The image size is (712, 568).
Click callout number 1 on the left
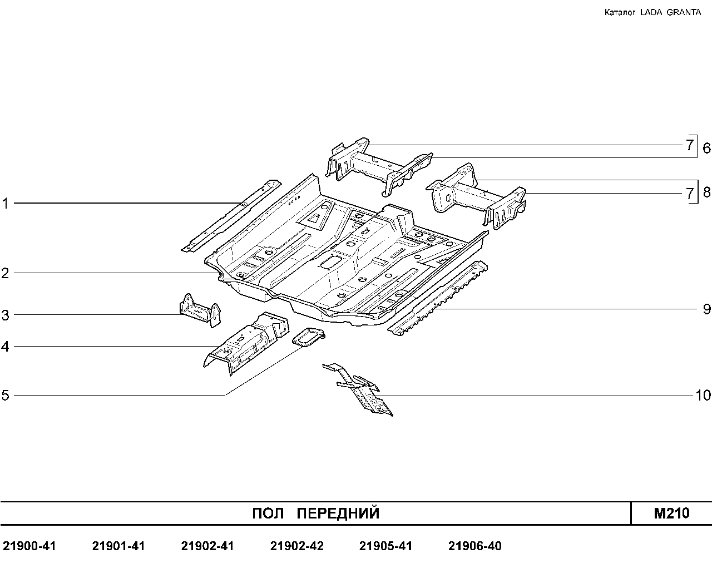click(x=5, y=204)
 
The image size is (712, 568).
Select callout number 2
click(x=5, y=273)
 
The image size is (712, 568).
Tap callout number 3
click(x=5, y=315)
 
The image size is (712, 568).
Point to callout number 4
click(x=5, y=347)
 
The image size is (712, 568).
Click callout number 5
click(x=5, y=395)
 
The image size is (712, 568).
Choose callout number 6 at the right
click(x=706, y=147)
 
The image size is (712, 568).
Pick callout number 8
click(x=706, y=192)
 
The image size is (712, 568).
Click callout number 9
click(x=706, y=309)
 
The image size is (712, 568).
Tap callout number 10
click(x=703, y=396)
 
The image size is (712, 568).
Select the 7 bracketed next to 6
click(x=689, y=145)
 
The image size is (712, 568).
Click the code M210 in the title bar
click(x=671, y=513)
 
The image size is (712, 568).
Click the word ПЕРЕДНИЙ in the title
click(x=338, y=513)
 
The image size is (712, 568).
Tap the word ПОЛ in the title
click(x=268, y=513)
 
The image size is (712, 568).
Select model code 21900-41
click(x=29, y=546)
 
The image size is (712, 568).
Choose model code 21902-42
click(x=297, y=546)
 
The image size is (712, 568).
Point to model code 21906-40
click(x=475, y=546)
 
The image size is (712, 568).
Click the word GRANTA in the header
click(x=684, y=12)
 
